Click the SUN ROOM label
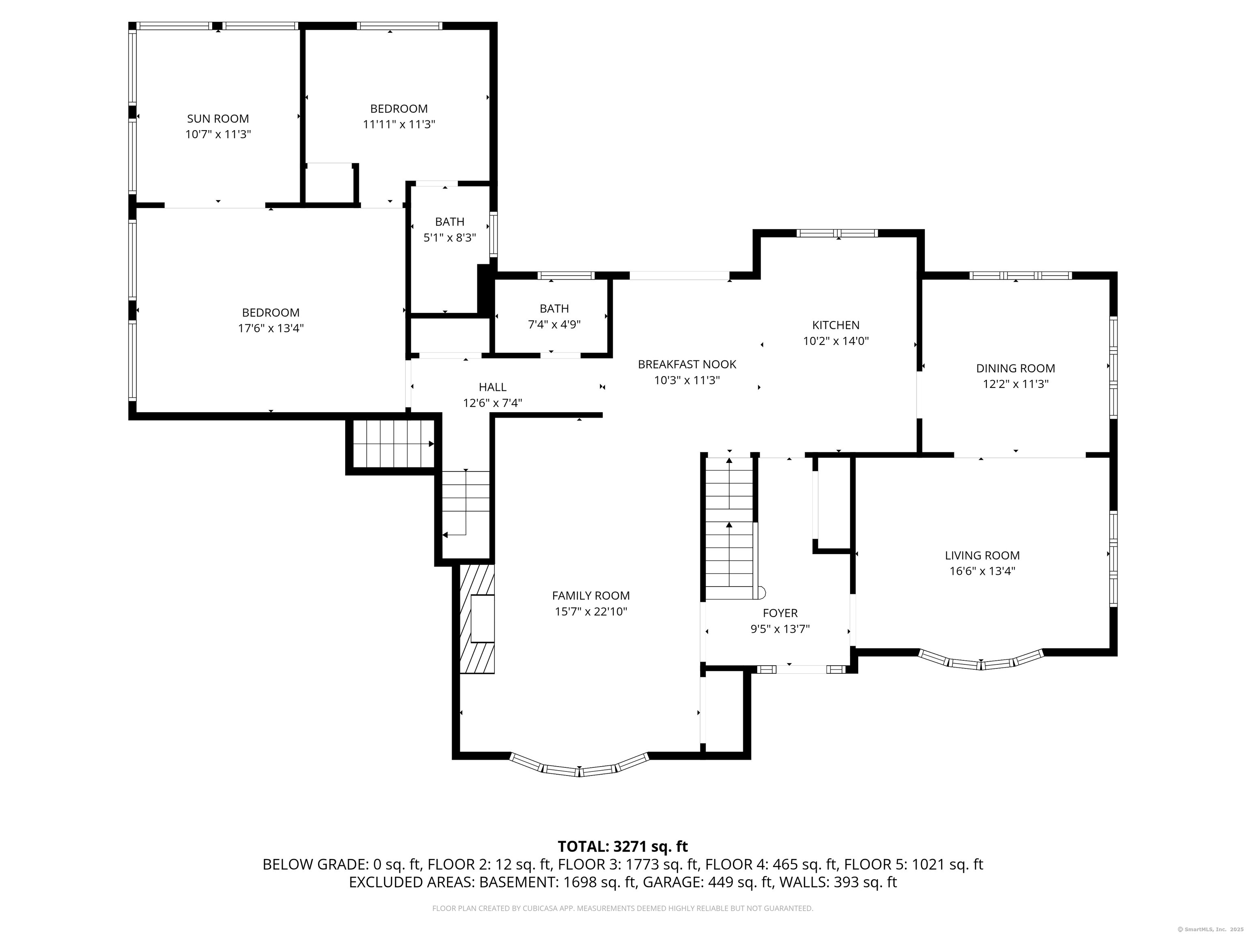tap(217, 119)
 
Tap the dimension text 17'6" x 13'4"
tap(271, 328)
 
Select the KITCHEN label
tap(836, 325)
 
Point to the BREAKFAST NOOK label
tap(687, 364)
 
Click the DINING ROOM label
tap(1015, 368)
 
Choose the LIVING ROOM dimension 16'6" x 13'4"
tap(982, 571)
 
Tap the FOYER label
tap(780, 613)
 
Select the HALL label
tap(492, 387)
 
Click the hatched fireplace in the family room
tap(477, 619)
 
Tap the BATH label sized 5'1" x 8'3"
tap(449, 222)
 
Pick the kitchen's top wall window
tap(837, 233)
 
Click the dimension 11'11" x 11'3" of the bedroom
tap(399, 124)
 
